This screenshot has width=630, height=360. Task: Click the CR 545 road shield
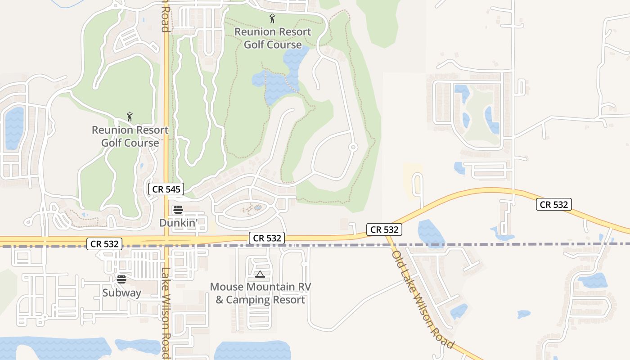click(166, 189)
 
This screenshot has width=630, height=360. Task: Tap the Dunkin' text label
click(179, 223)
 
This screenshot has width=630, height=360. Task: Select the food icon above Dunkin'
click(178, 209)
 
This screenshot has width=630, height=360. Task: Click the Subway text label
click(121, 292)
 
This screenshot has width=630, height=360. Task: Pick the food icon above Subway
click(121, 279)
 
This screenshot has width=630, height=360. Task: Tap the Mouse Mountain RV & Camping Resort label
click(260, 293)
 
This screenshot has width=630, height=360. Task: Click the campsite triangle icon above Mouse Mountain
click(260, 274)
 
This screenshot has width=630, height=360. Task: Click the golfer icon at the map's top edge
click(272, 19)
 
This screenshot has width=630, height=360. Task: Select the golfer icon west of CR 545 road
click(130, 117)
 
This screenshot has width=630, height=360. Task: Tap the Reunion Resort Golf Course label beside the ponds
click(273, 38)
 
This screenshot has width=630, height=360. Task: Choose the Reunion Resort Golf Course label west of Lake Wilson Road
click(130, 136)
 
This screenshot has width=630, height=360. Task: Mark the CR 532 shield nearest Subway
click(104, 244)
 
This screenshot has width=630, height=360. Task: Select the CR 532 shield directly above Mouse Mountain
click(267, 238)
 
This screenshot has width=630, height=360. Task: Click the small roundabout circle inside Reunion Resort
click(353, 147)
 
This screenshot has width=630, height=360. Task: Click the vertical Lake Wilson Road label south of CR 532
click(166, 313)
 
